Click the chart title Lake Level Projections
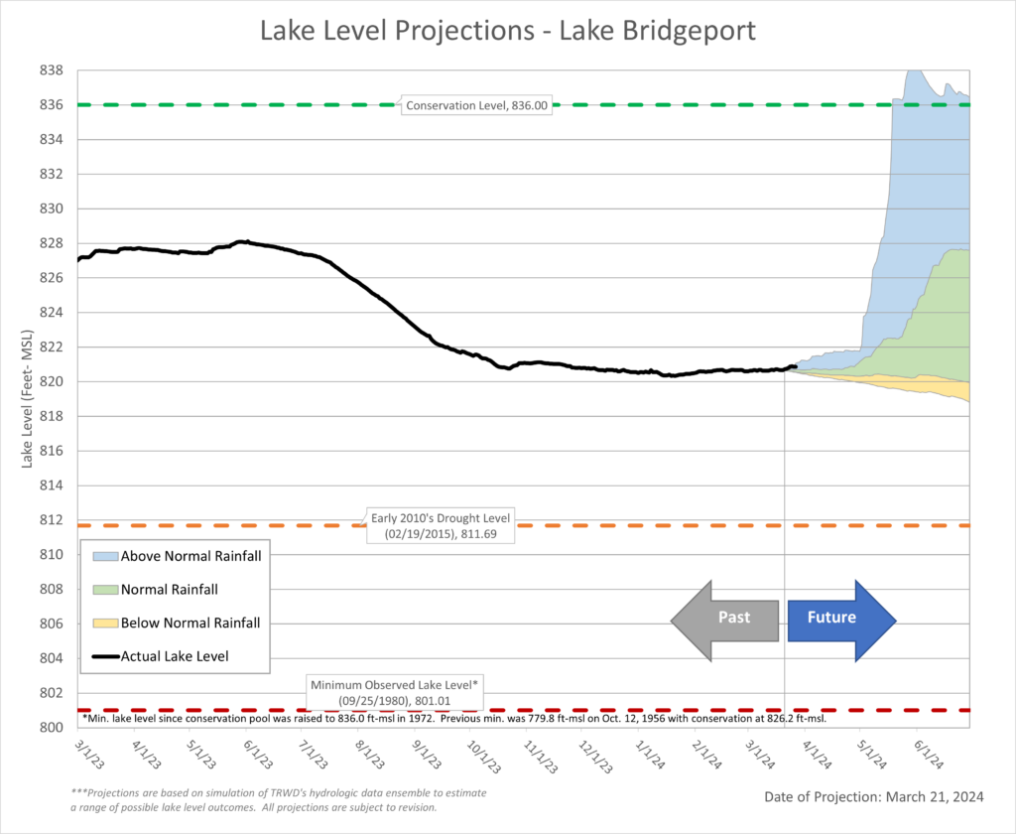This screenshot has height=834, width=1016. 507,30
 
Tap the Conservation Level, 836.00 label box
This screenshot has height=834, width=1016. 476,105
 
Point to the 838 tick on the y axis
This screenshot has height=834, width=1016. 53,70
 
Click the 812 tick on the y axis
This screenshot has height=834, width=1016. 53,520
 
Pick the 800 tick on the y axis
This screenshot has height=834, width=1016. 53,728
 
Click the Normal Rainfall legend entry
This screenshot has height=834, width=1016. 169,590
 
